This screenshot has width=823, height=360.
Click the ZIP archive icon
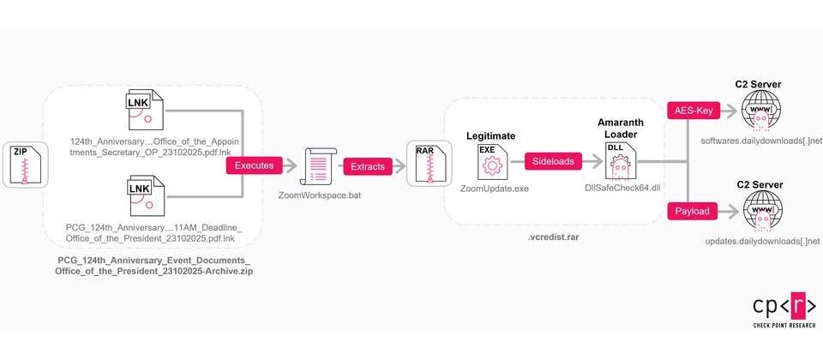pos(25,165)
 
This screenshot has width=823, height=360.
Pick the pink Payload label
pos(692,211)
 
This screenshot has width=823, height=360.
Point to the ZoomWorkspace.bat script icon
pos(317,165)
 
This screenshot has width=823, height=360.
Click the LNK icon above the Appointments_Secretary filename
pos(143,110)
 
